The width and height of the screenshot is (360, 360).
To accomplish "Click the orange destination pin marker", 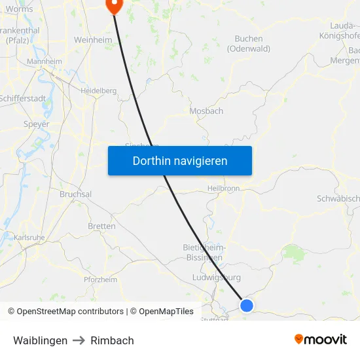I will pyautogui.click(x=114, y=5).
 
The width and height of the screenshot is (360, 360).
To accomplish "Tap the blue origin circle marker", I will pyautogui.click(x=247, y=305).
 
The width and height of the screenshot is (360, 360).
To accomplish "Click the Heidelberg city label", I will pyautogui.click(x=98, y=91).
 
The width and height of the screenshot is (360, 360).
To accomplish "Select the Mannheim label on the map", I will pyautogui.click(x=45, y=62).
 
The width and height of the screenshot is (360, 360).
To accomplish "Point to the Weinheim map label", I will pyautogui.click(x=93, y=40).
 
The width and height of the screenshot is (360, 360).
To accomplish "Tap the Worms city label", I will pyautogui.click(x=18, y=9).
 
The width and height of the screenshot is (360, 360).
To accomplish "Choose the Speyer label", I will pyautogui.click(x=36, y=124).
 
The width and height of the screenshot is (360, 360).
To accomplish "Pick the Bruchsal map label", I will pyautogui.click(x=75, y=194).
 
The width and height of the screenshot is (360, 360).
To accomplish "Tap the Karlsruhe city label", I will pyautogui.click(x=29, y=237).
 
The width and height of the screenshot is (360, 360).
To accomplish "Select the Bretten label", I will pyautogui.click(x=101, y=226).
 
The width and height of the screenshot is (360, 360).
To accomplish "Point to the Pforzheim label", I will pyautogui.click(x=100, y=279).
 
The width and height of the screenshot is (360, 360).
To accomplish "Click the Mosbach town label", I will pyautogui.click(x=206, y=111).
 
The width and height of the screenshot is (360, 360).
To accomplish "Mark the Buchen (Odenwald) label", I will pyautogui.click(x=248, y=44).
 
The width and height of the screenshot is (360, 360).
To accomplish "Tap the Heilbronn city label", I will pyautogui.click(x=224, y=188).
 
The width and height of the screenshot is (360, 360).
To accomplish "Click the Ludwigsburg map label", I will pyautogui.click(x=217, y=277).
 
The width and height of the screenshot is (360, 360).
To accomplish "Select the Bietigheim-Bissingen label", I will pyautogui.click(x=205, y=252).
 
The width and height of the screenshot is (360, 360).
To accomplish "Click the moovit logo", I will pyautogui.click(x=321, y=340).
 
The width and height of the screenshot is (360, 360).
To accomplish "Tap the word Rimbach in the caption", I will pyautogui.click(x=112, y=340).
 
